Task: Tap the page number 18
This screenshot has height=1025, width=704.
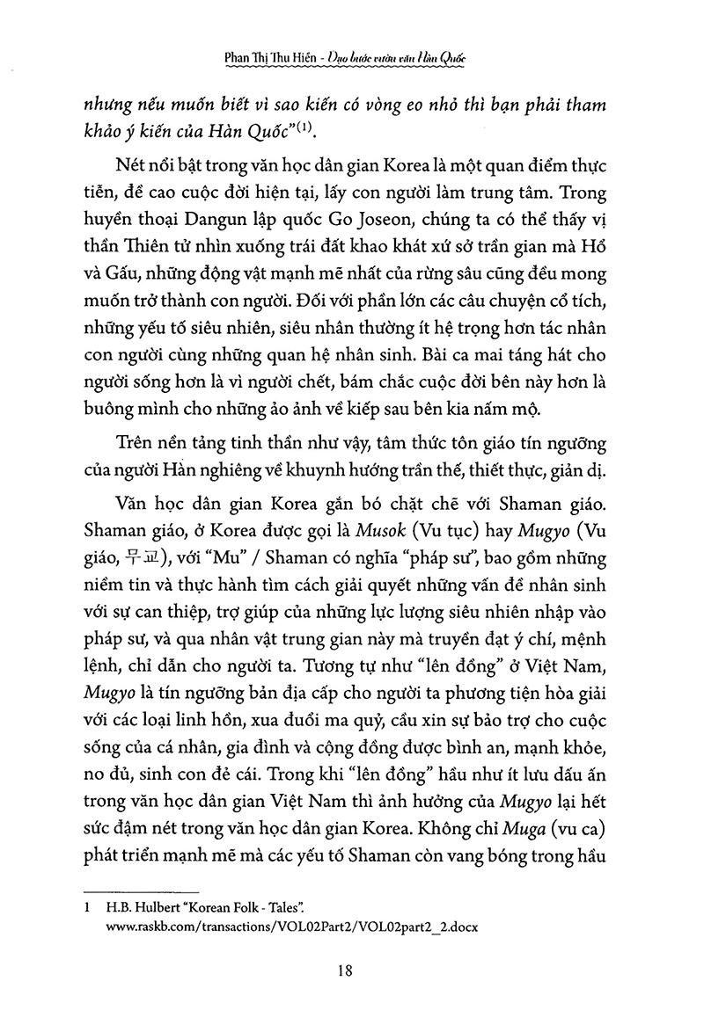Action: [345, 970]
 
